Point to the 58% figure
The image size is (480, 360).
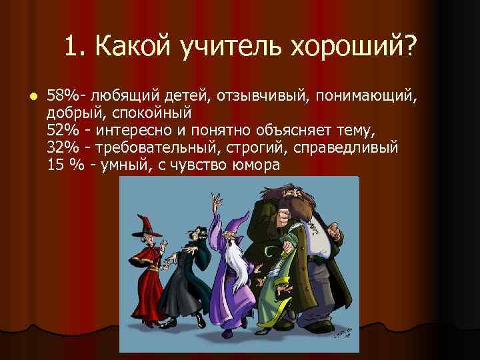point(63,99)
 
